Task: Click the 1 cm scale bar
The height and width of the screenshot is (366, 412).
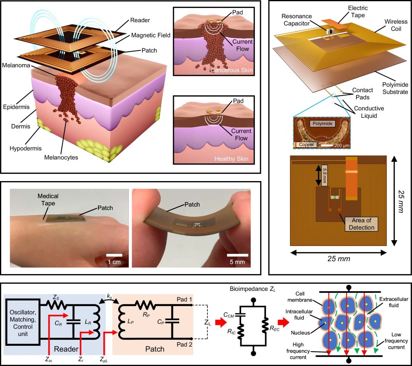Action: tap(114, 255)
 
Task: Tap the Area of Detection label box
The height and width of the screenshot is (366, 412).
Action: tap(360, 225)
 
